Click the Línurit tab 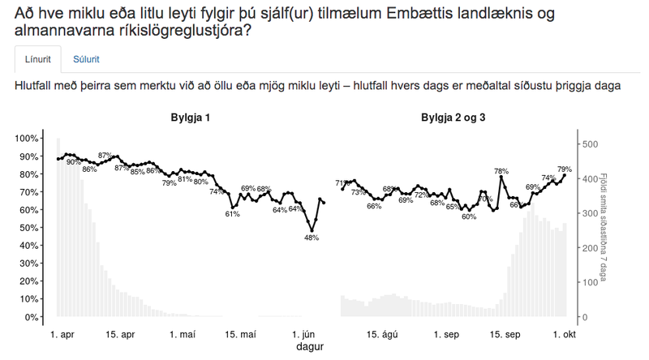point(37,59)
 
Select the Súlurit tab point(87,59)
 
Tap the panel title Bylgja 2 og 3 point(453,118)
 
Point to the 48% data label point(312,238)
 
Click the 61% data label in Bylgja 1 point(232,214)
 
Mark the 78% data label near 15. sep point(501,171)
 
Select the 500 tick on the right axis point(590,144)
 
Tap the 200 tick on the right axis point(590,248)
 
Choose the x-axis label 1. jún point(305,334)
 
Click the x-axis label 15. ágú point(381,334)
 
